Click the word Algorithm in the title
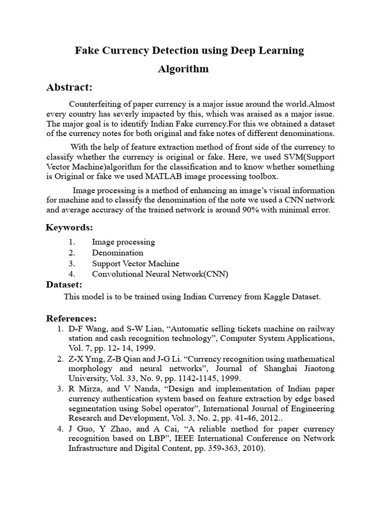(x=183, y=69)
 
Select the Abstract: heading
(x=69, y=87)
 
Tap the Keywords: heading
(x=69, y=228)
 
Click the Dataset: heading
(x=64, y=285)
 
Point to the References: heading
(x=71, y=318)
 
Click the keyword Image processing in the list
(x=124, y=242)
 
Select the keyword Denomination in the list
(x=118, y=253)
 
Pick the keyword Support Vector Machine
(x=135, y=263)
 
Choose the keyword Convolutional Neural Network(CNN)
(x=160, y=274)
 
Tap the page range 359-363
(x=206, y=449)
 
